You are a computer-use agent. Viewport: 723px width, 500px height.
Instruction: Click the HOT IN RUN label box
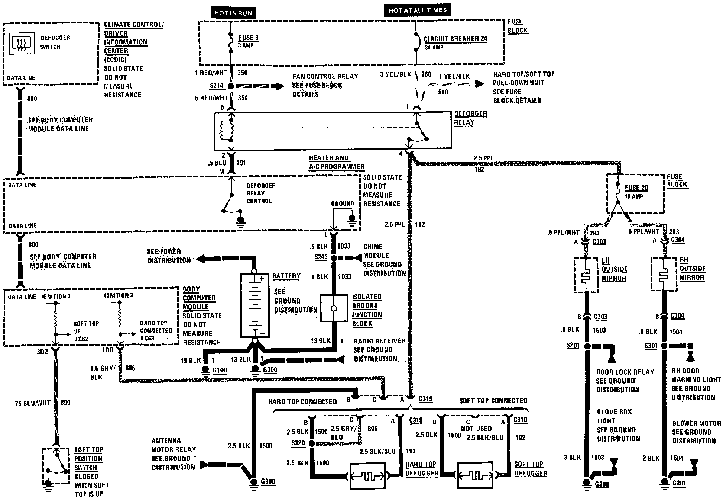tap(233, 13)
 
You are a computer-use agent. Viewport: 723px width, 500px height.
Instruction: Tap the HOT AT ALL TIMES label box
tap(417, 10)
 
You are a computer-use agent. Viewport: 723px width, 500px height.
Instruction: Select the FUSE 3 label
tap(248, 38)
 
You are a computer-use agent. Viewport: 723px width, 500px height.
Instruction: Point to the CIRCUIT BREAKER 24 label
tap(455, 39)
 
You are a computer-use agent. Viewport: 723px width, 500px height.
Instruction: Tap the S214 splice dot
tap(231, 86)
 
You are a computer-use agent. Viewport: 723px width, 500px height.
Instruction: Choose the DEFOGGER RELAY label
tap(470, 118)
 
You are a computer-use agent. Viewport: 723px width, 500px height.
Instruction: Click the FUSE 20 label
tap(636, 188)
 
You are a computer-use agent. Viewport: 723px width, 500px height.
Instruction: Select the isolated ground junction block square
tap(334, 308)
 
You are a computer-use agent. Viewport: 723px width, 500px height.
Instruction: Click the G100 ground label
tap(219, 370)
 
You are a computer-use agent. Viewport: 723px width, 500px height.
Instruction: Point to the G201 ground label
tap(678, 483)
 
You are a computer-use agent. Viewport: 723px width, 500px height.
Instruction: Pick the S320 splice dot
tap(312, 443)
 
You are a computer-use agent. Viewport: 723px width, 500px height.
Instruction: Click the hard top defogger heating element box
tap(367, 476)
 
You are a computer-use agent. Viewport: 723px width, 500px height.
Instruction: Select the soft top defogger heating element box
tap(475, 476)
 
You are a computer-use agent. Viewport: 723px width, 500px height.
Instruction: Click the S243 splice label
tap(321, 257)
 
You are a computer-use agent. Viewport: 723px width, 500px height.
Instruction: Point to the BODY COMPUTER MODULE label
tap(199, 298)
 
